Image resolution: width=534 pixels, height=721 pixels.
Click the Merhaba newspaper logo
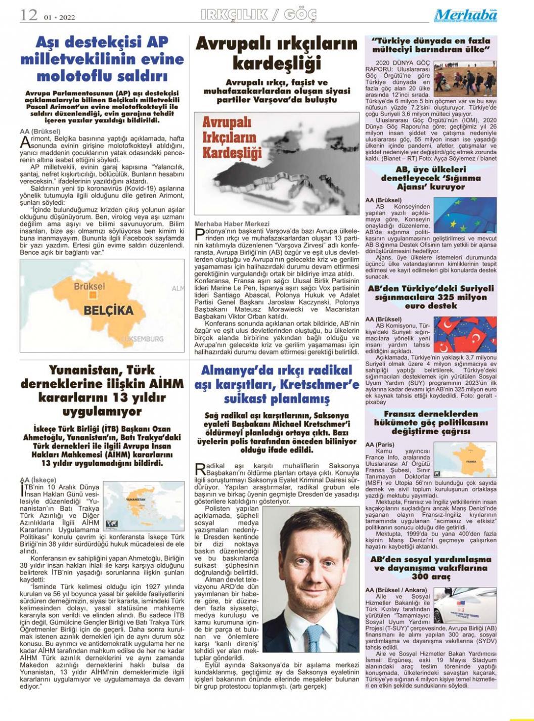tap(465, 16)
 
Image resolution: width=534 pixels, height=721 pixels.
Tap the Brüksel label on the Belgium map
tap(90, 286)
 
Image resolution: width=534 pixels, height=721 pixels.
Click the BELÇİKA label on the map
tap(108, 310)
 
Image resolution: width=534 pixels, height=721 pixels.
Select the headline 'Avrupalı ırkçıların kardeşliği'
tap(277, 54)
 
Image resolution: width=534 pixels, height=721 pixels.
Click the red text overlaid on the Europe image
tap(232, 138)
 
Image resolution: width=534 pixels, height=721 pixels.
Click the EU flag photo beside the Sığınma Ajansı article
tap(465, 215)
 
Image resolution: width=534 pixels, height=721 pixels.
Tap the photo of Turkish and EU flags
tap(465, 334)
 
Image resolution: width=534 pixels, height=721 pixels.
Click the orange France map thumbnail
tap(465, 460)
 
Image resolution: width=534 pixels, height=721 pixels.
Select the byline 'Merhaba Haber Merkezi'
tap(232, 223)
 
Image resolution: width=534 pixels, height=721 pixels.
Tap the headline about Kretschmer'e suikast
tap(277, 385)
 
